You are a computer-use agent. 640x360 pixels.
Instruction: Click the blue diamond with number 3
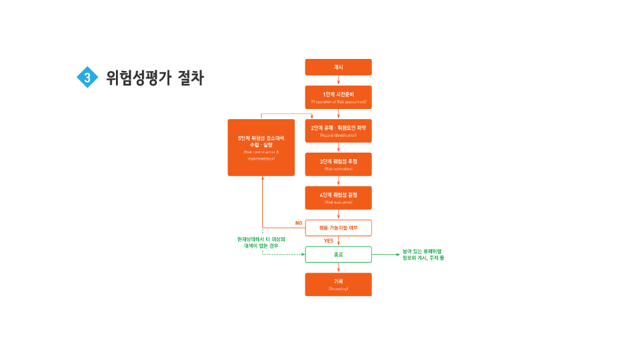point(87,77)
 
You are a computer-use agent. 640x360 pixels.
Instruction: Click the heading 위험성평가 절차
point(155,78)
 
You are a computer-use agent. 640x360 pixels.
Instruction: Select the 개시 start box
point(338,67)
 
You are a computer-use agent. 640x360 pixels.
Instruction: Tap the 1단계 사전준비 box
point(338,97)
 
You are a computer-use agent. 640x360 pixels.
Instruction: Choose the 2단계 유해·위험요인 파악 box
point(338,131)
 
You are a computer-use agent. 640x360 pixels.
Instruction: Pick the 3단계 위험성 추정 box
point(338,164)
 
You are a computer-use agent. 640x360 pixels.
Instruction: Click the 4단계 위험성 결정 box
point(338,197)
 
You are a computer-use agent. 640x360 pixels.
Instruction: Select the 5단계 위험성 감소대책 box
point(261,147)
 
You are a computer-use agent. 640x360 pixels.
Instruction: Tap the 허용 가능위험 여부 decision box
point(338,228)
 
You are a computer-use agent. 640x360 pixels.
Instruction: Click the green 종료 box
point(338,254)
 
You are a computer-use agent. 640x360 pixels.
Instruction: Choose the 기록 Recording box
point(338,284)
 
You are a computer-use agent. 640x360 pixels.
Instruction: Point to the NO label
point(298,223)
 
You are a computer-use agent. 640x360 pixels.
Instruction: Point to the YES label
point(328,241)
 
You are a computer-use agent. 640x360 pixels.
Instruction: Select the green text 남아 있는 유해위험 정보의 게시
point(423,255)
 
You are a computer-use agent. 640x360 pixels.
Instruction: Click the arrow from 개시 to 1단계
point(338,80)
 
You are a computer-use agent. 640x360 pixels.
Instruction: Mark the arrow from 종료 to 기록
point(338,267)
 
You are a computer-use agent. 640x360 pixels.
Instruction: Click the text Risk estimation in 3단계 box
point(338,169)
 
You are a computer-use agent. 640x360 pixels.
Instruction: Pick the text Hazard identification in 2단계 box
point(338,136)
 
